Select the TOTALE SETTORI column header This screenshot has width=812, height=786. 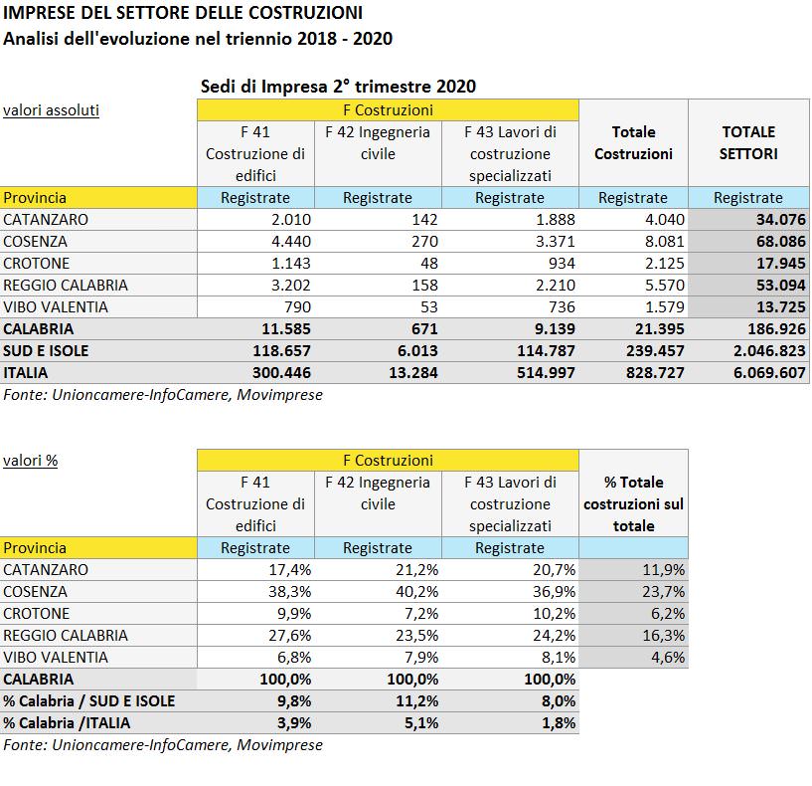(748, 142)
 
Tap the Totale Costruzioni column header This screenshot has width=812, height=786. (633, 142)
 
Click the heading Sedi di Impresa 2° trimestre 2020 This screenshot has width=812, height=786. (338, 87)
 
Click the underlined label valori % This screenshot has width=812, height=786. (30, 460)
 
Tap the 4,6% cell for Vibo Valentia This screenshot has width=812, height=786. (668, 657)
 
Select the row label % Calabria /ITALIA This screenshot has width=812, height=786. (67, 722)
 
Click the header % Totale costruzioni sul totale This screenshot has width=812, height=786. (633, 503)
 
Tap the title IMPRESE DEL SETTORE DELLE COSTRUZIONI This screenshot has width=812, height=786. (183, 14)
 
